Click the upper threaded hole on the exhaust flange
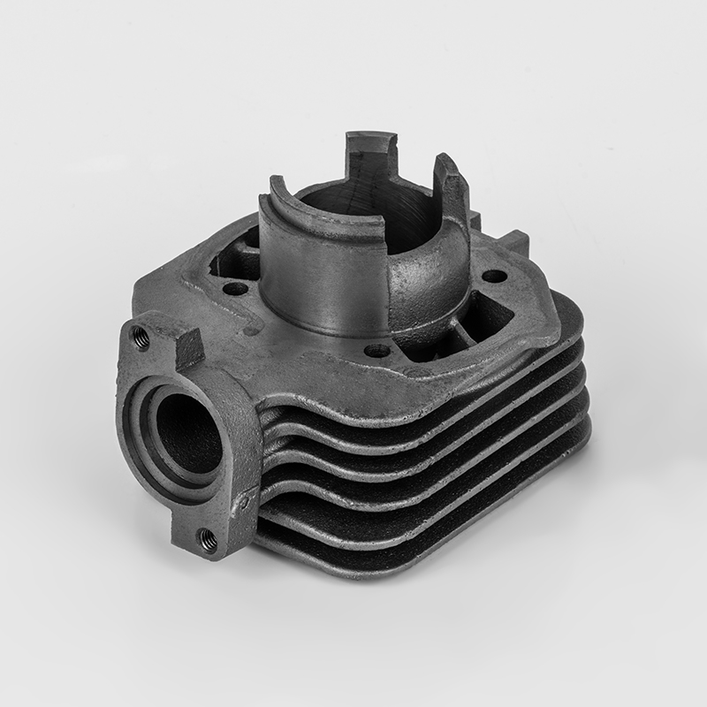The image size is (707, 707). click(x=139, y=335)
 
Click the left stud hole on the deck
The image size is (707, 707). click(x=235, y=288)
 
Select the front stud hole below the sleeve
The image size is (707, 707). click(x=376, y=351)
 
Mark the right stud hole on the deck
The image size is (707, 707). click(x=495, y=276)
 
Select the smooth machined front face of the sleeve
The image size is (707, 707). click(x=323, y=274)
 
